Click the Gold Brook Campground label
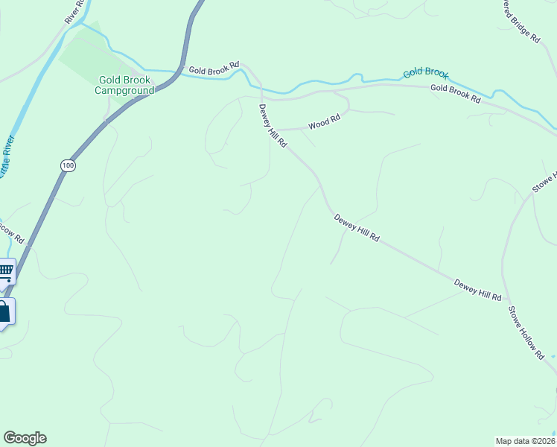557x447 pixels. click(x=124, y=85)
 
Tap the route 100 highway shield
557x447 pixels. click(x=69, y=165)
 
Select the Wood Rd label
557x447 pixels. click(x=324, y=120)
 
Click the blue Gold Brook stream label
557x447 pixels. click(x=426, y=73)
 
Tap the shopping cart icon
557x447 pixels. click(x=5, y=271)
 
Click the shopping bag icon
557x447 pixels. click(x=4, y=311)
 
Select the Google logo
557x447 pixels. click(x=25, y=438)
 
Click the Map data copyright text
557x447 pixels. click(x=526, y=440)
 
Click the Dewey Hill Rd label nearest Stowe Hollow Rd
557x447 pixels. click(x=477, y=289)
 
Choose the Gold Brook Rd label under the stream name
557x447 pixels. click(x=455, y=94)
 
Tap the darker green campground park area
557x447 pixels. click(x=86, y=54)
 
